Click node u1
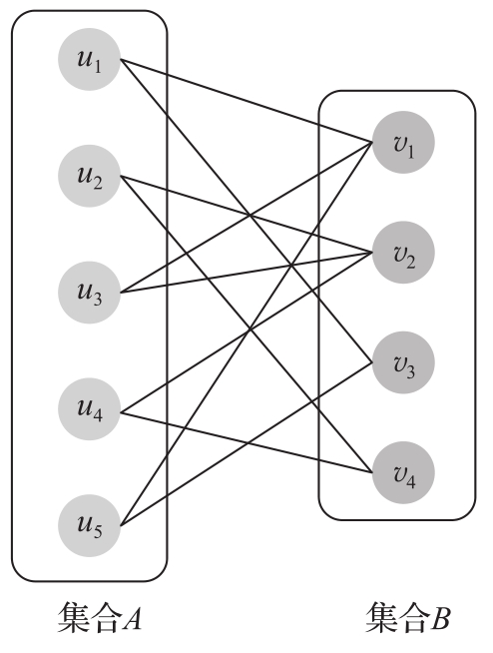tap(89, 59)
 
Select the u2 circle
tap(89, 176)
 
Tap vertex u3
tap(89, 293)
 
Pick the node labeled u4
tap(89, 409)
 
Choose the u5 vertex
tap(89, 525)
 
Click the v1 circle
tap(403, 142)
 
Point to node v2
tap(403, 253)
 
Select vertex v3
tap(403, 362)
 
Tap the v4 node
tap(403, 472)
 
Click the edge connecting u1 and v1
tap(246, 101)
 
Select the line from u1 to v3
tap(246, 211)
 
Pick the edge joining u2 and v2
tap(246, 214)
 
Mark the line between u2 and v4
tap(246, 325)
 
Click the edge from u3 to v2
tap(246, 273)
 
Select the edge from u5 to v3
tap(246, 444)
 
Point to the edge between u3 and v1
tap(246, 218)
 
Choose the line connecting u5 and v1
tap(246, 334)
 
